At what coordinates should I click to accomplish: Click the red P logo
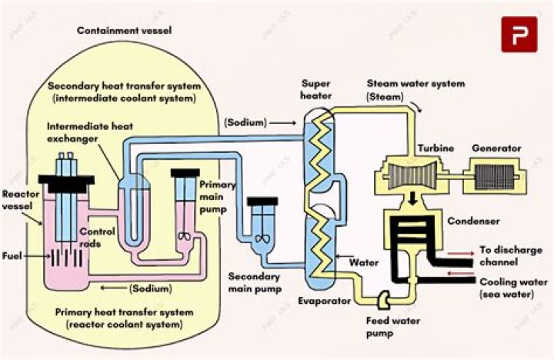[x=519, y=35]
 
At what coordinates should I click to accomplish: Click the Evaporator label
[x=325, y=301]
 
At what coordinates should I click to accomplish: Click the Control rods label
[x=96, y=237]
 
